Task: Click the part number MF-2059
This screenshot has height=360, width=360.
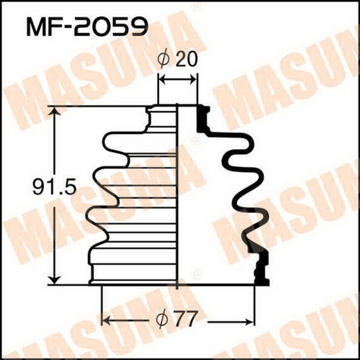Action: tap(86, 27)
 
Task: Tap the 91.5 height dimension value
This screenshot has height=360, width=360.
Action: tap(55, 187)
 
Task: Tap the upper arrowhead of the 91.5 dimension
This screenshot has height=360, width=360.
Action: tap(55, 111)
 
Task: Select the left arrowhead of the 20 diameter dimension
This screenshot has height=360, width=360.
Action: tap(163, 81)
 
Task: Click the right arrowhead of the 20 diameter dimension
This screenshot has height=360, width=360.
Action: tap(193, 81)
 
